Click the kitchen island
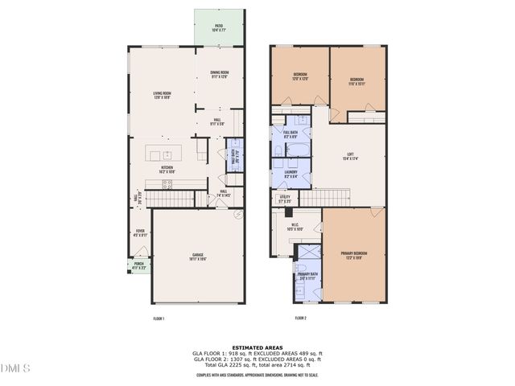tap(167, 153)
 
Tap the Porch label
tap(138, 265)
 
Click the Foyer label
tap(140, 233)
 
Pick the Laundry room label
tap(291, 174)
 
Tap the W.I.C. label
tap(295, 228)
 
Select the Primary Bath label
tap(307, 276)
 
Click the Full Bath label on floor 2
tap(290, 133)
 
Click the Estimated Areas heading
tap(257, 347)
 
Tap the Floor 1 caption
tap(159, 318)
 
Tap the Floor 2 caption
tap(300, 318)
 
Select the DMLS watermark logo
tap(16, 368)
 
